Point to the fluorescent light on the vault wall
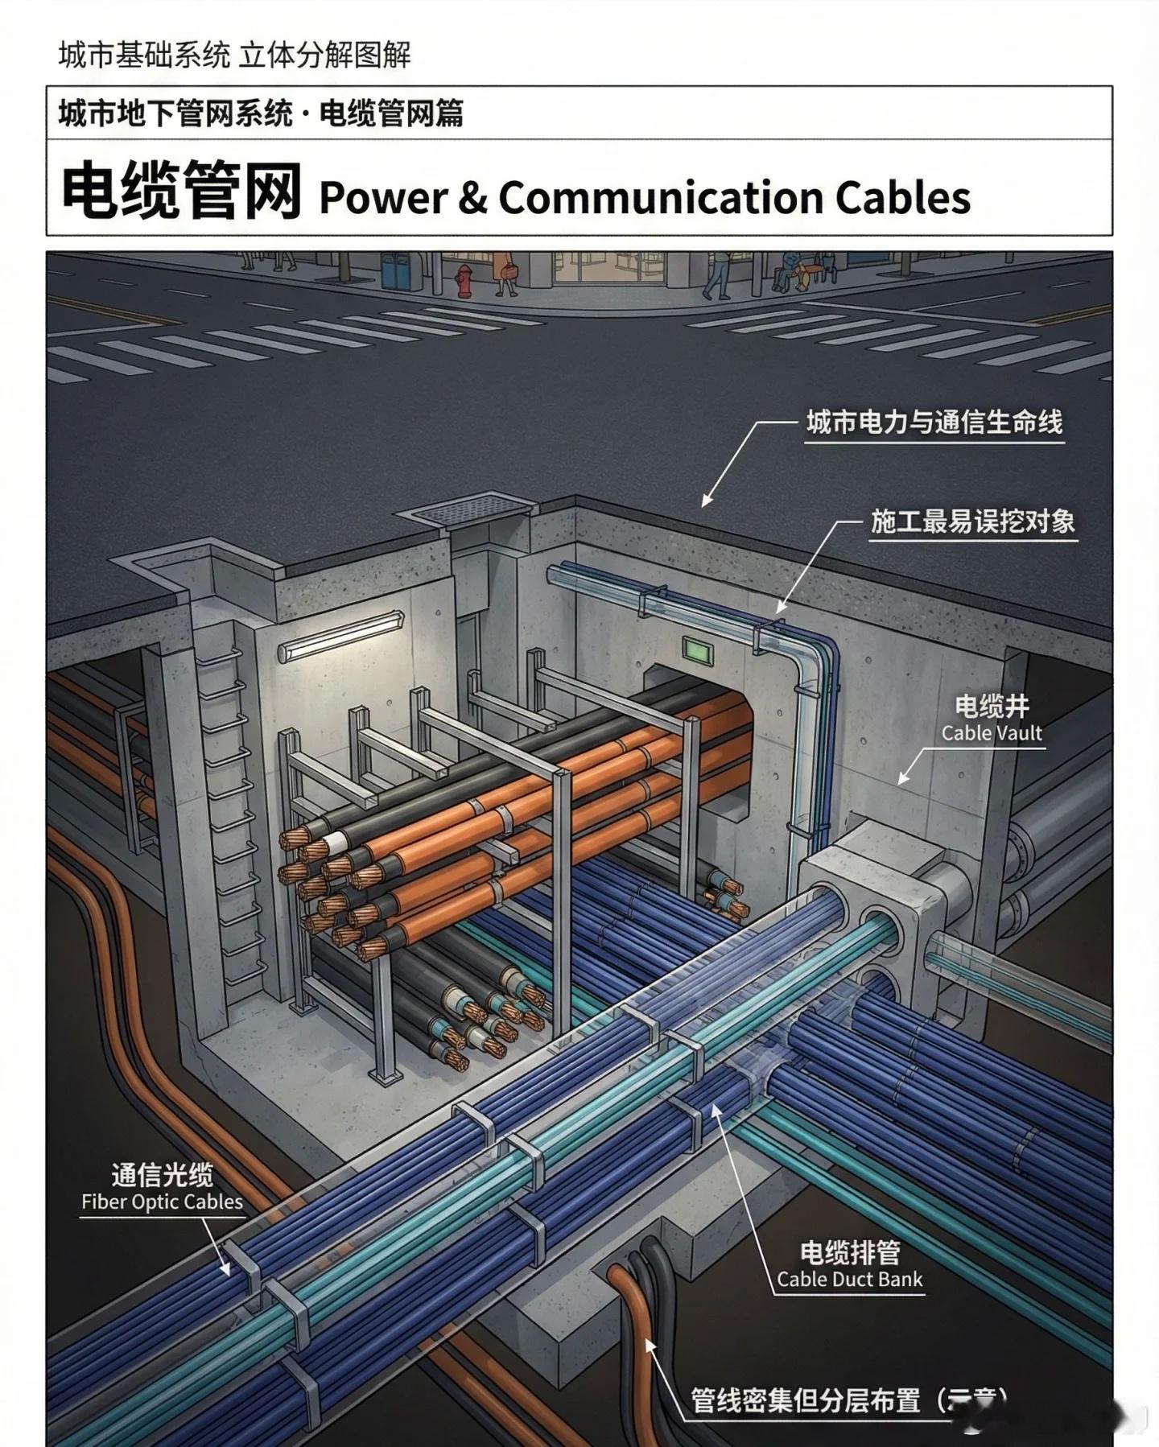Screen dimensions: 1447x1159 point(341,637)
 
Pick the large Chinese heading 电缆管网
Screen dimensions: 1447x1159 point(182,192)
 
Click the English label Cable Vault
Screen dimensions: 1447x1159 point(992,733)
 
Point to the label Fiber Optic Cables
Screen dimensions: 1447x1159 point(162,1202)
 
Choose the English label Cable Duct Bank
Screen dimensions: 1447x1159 point(850,1279)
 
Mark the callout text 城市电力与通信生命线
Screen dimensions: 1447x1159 point(934,423)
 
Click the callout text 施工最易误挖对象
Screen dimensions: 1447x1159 point(973,521)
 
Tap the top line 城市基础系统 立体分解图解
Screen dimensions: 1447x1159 point(234,55)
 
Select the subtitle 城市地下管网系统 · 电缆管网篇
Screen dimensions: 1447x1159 point(261,113)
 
